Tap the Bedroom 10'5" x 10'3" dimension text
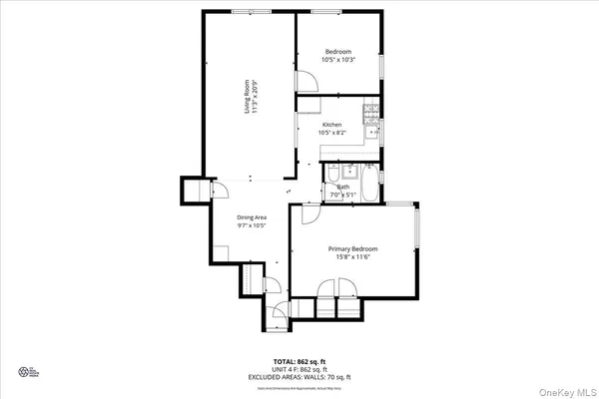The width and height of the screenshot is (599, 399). [338, 60]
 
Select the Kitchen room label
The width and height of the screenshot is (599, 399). [332, 125]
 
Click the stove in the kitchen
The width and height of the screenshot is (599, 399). [371, 110]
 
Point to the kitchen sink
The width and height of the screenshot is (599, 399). [373, 130]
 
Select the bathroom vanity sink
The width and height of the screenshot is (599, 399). [331, 193]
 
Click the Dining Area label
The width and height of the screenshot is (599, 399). [252, 217]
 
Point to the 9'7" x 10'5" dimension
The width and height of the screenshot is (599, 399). [252, 225]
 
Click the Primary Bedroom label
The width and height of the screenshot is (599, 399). [353, 248]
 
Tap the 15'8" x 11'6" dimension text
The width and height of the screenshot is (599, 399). [353, 257]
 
